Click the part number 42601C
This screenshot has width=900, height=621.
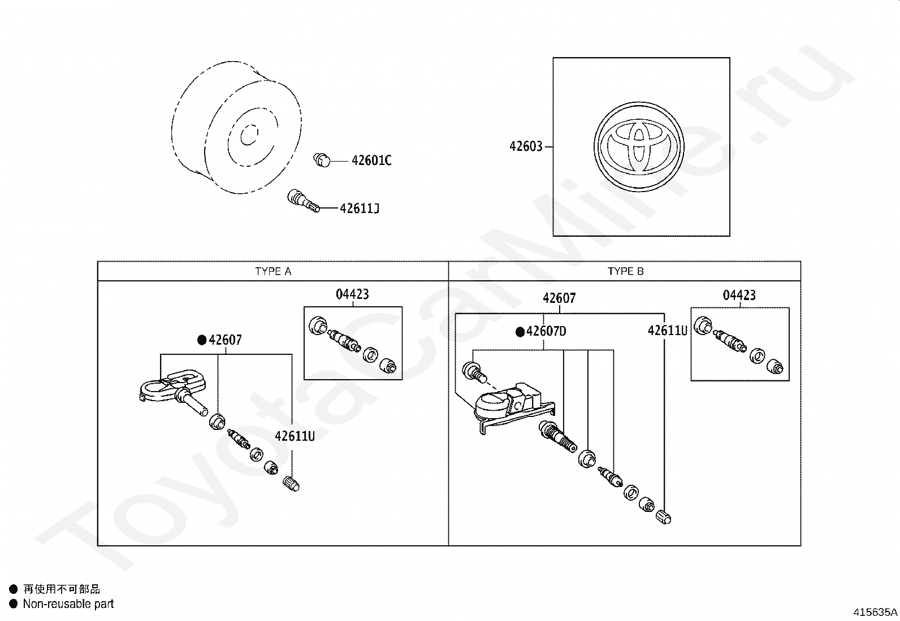pyautogui.click(x=371, y=161)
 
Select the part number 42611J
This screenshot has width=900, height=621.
pyautogui.click(x=359, y=209)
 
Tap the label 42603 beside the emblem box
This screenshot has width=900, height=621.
pyautogui.click(x=526, y=147)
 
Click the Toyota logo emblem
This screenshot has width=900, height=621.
pyautogui.click(x=639, y=147)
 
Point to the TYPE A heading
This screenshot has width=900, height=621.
pyautogui.click(x=273, y=271)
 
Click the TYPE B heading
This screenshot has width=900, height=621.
pyautogui.click(x=625, y=271)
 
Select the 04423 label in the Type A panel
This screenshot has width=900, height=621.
pyautogui.click(x=352, y=294)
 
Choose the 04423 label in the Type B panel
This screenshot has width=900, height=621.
pyautogui.click(x=739, y=296)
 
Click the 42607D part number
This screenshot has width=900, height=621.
pyautogui.click(x=546, y=332)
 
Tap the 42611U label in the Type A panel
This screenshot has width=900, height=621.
pyautogui.click(x=295, y=436)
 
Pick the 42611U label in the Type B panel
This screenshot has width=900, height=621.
pyautogui.click(x=667, y=331)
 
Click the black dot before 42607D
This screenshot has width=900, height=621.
pyautogui.click(x=520, y=332)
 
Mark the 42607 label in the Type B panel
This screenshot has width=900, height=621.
pyautogui.click(x=559, y=298)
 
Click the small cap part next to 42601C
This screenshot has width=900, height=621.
pyautogui.click(x=322, y=160)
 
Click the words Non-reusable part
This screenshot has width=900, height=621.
pyautogui.click(x=68, y=604)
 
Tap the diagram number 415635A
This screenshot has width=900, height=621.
pyautogui.click(x=875, y=612)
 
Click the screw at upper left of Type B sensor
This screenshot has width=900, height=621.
pyautogui.click(x=473, y=371)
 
